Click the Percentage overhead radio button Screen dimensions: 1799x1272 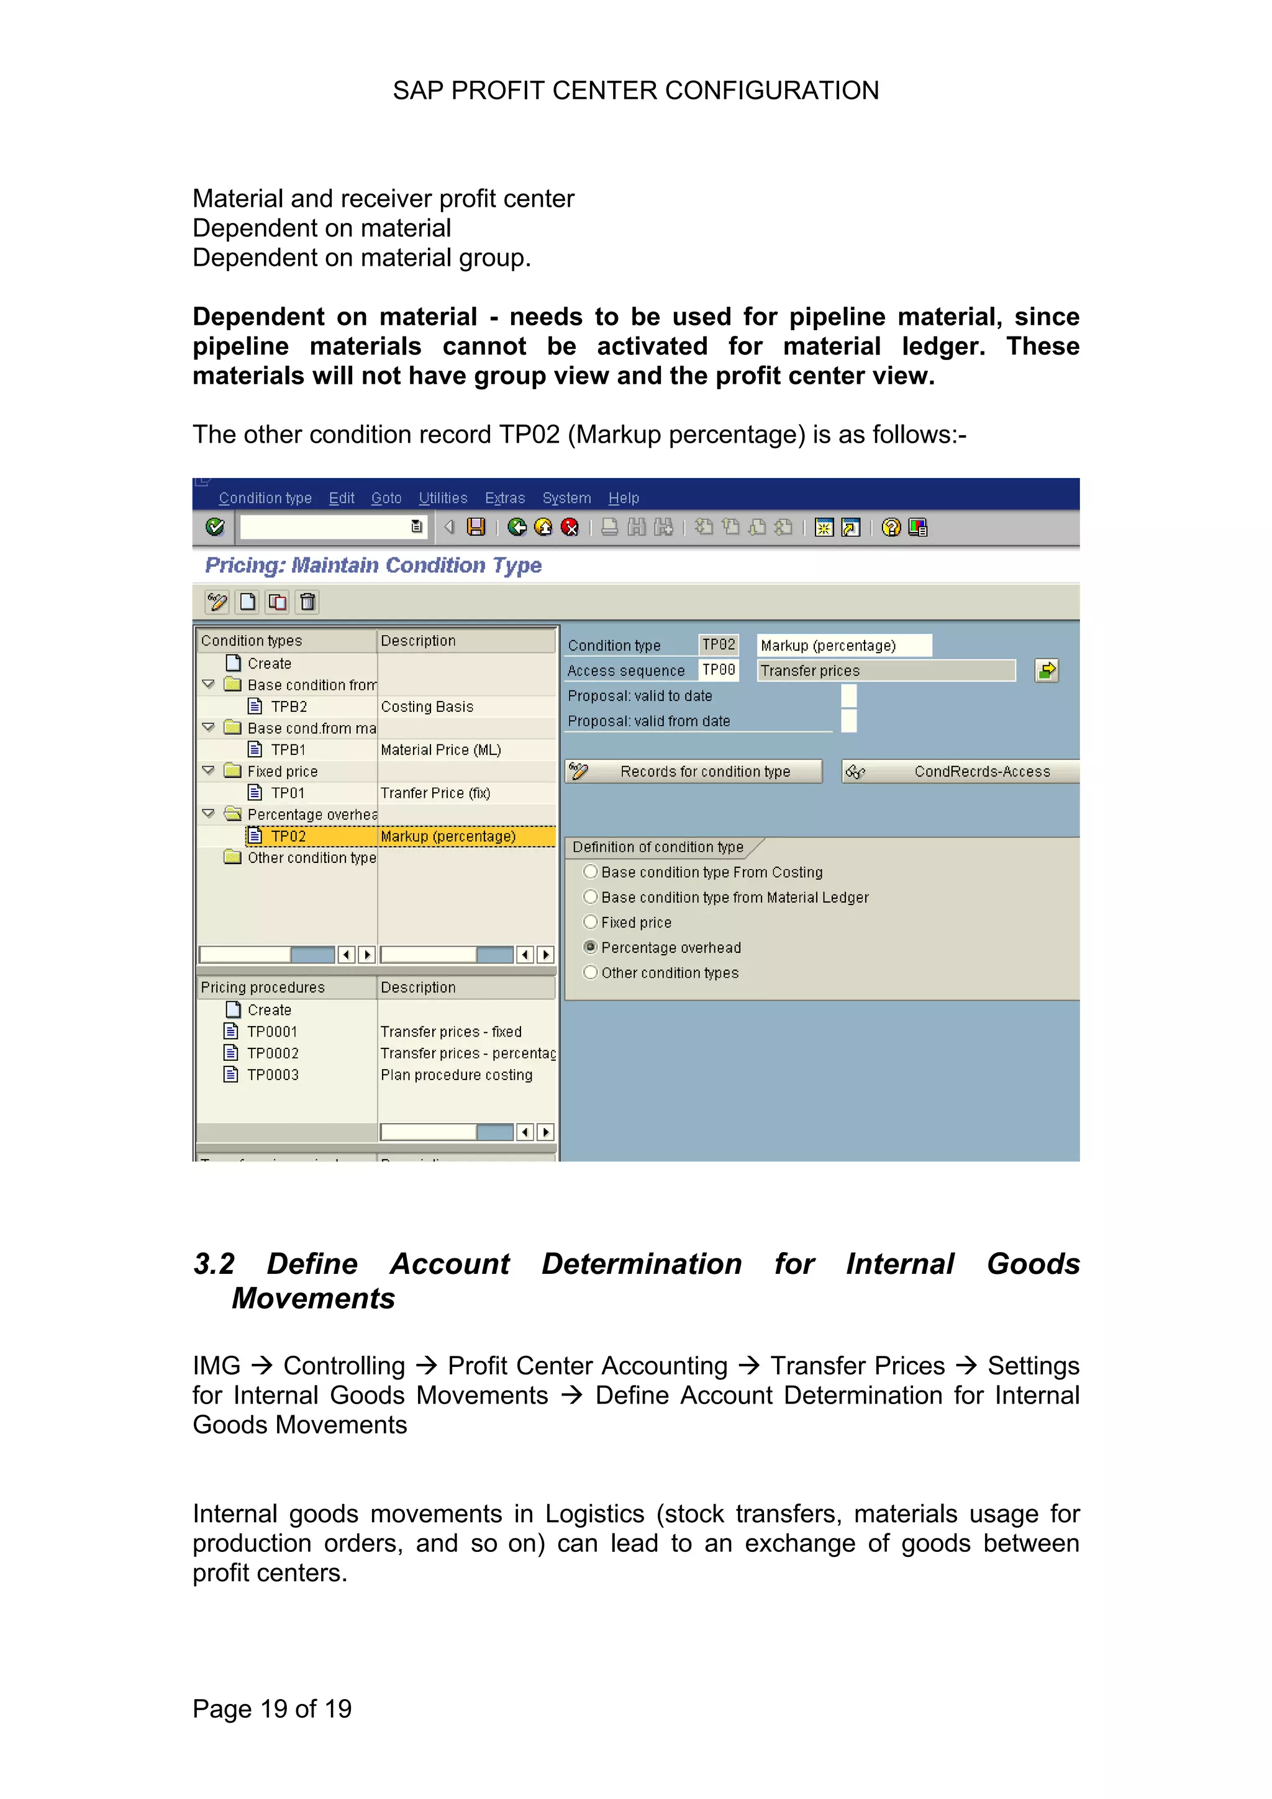point(591,947)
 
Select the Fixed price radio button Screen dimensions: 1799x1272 point(591,922)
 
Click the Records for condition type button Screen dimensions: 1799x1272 point(694,772)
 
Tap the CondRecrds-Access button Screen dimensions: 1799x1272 point(960,772)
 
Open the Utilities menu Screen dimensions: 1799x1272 point(443,498)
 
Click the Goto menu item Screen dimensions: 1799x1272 point(386,498)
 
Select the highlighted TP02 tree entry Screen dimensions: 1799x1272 point(288,837)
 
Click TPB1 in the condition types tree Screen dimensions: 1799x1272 point(288,750)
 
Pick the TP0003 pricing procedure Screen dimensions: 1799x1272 point(273,1075)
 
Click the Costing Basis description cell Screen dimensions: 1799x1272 point(427,706)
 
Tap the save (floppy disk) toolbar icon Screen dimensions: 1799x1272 point(476,527)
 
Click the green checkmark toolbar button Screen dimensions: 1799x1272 point(215,527)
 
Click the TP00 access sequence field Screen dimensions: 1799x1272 point(719,670)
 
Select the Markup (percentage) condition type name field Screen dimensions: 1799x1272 point(843,646)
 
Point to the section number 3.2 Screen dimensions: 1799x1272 point(214,1264)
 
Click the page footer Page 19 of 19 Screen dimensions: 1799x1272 point(272,1708)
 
